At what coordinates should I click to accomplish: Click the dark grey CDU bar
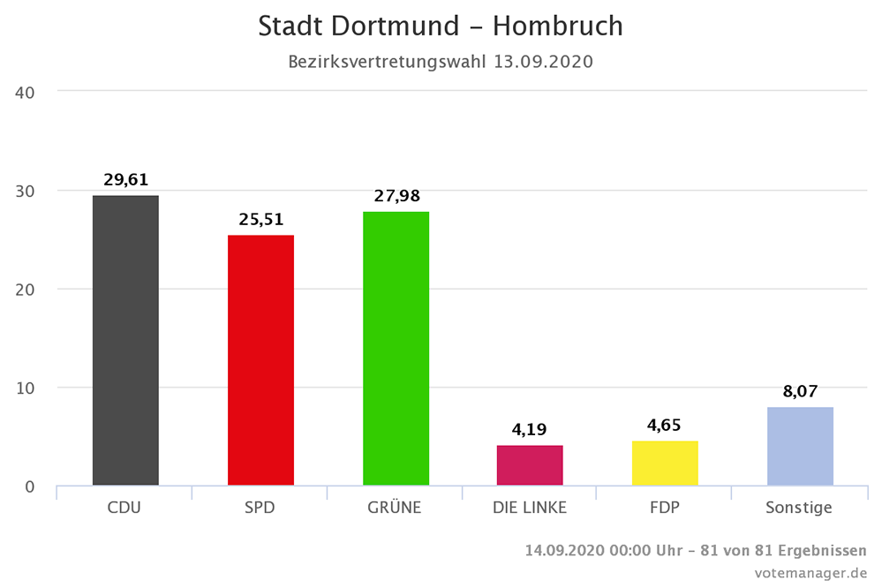tap(125, 340)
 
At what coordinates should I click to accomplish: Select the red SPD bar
tap(260, 360)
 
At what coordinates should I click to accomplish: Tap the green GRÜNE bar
tap(396, 348)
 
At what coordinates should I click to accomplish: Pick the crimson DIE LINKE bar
tap(530, 465)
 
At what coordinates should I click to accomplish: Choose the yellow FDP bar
tap(665, 463)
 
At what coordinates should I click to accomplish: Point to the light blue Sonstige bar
tap(800, 446)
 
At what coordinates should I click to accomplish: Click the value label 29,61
tap(125, 180)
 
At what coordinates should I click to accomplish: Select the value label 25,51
tap(260, 220)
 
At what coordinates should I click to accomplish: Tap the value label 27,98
tap(396, 196)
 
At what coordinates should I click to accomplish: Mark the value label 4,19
tap(530, 430)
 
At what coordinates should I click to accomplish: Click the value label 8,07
tap(800, 391)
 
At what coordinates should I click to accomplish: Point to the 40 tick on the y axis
tap(26, 91)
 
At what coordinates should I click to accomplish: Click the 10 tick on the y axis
tap(26, 388)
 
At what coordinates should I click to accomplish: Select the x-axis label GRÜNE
tap(396, 508)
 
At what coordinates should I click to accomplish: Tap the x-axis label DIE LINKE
tap(530, 508)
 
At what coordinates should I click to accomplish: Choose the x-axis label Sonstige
tap(800, 508)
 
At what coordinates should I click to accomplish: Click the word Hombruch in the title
tap(557, 26)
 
